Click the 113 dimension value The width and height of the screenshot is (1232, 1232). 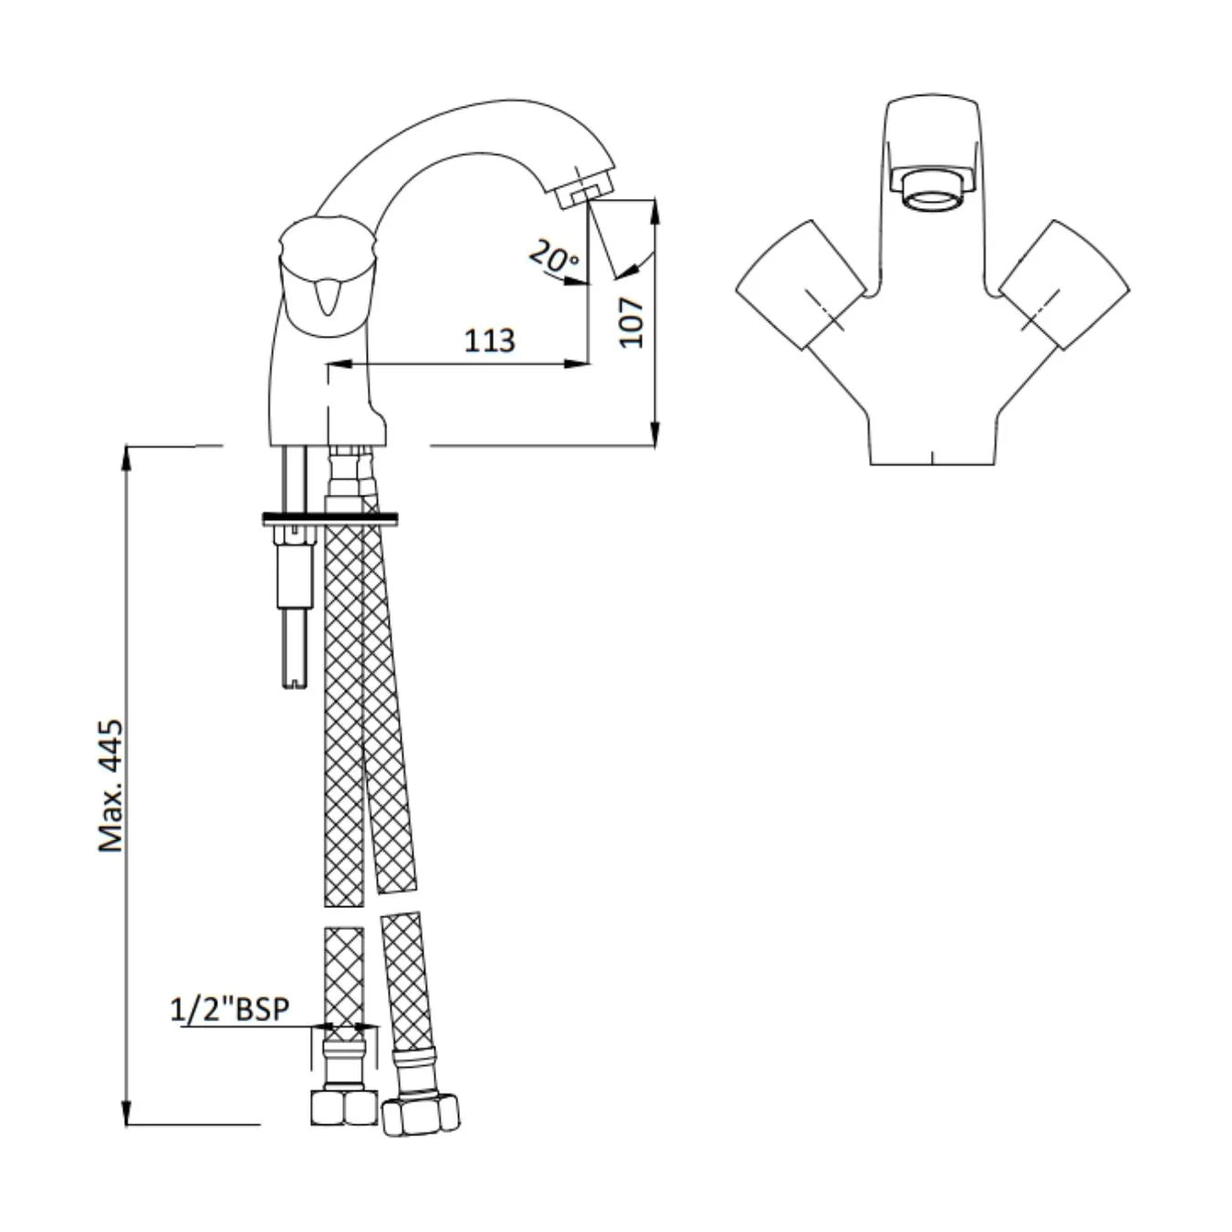pos(489,340)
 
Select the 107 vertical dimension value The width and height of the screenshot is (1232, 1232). pos(632,322)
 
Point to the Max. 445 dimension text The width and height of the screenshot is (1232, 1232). pos(110,786)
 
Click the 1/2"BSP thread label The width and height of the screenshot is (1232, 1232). pos(229,1009)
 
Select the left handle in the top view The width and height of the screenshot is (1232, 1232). pos(801,284)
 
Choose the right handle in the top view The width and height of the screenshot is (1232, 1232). pos(1064,284)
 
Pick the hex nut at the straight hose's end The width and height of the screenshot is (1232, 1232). pos(344,1106)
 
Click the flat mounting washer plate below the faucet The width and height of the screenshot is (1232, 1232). pos(330,519)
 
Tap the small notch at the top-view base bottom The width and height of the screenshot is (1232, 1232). pos(931,458)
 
